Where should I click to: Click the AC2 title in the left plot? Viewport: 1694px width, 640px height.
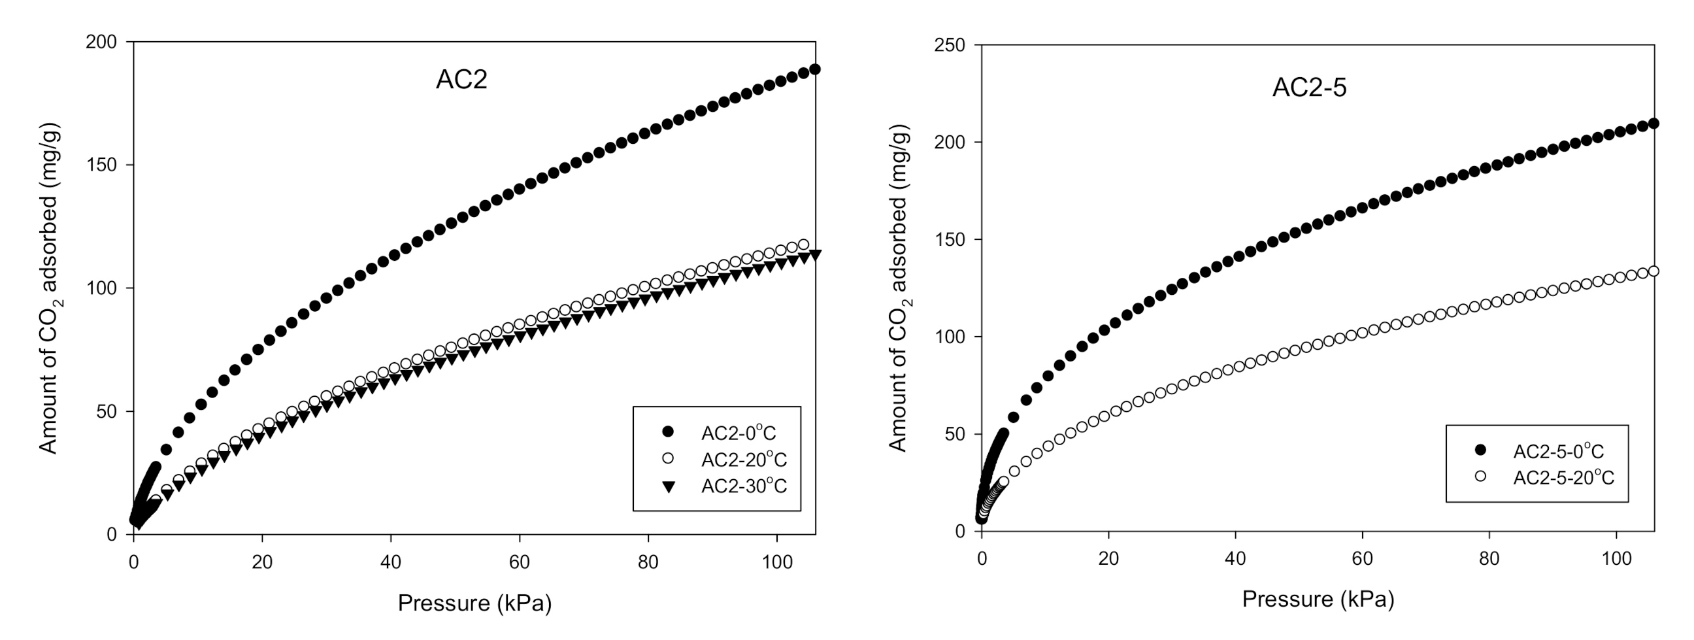point(461,80)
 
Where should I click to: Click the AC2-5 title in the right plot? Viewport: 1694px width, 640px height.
point(1309,88)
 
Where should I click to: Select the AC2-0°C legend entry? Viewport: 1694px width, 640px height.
point(739,433)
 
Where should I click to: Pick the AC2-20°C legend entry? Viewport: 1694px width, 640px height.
point(744,459)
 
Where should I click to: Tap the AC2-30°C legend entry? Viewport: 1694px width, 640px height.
point(744,486)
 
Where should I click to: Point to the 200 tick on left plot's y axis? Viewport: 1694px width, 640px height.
point(101,42)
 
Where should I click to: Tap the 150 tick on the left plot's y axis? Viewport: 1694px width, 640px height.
point(101,165)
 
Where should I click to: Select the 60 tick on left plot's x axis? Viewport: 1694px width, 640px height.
point(520,562)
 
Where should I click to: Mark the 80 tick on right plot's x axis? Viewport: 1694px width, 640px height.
point(1489,559)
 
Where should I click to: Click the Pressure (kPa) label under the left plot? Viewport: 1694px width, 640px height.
point(474,603)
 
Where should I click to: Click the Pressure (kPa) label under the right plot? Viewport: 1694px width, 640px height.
point(1318,599)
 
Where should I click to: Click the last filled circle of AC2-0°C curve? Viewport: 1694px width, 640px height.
point(814,69)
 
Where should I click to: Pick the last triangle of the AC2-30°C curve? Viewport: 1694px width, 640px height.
point(815,254)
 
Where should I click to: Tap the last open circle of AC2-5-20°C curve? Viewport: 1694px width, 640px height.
point(1653,271)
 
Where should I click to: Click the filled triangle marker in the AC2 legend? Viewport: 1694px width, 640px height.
point(668,487)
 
